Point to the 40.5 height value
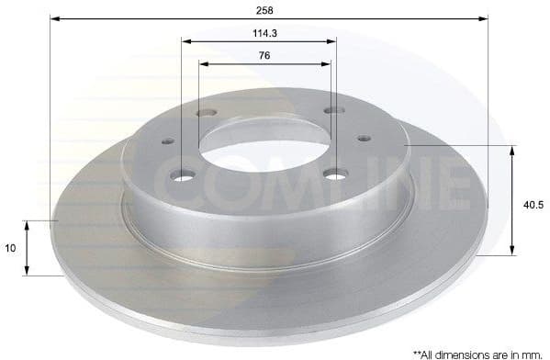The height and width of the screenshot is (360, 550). [533, 205]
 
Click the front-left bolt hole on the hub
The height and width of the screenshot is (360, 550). [184, 174]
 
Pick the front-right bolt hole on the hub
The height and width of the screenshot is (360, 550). [335, 173]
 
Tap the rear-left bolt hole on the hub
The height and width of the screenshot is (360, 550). [207, 114]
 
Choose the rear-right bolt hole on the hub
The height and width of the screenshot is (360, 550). [333, 111]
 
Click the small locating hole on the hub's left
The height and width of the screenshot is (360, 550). [168, 141]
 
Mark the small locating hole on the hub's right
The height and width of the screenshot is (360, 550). [365, 138]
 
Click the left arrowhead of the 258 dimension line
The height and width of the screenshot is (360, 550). [53, 18]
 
